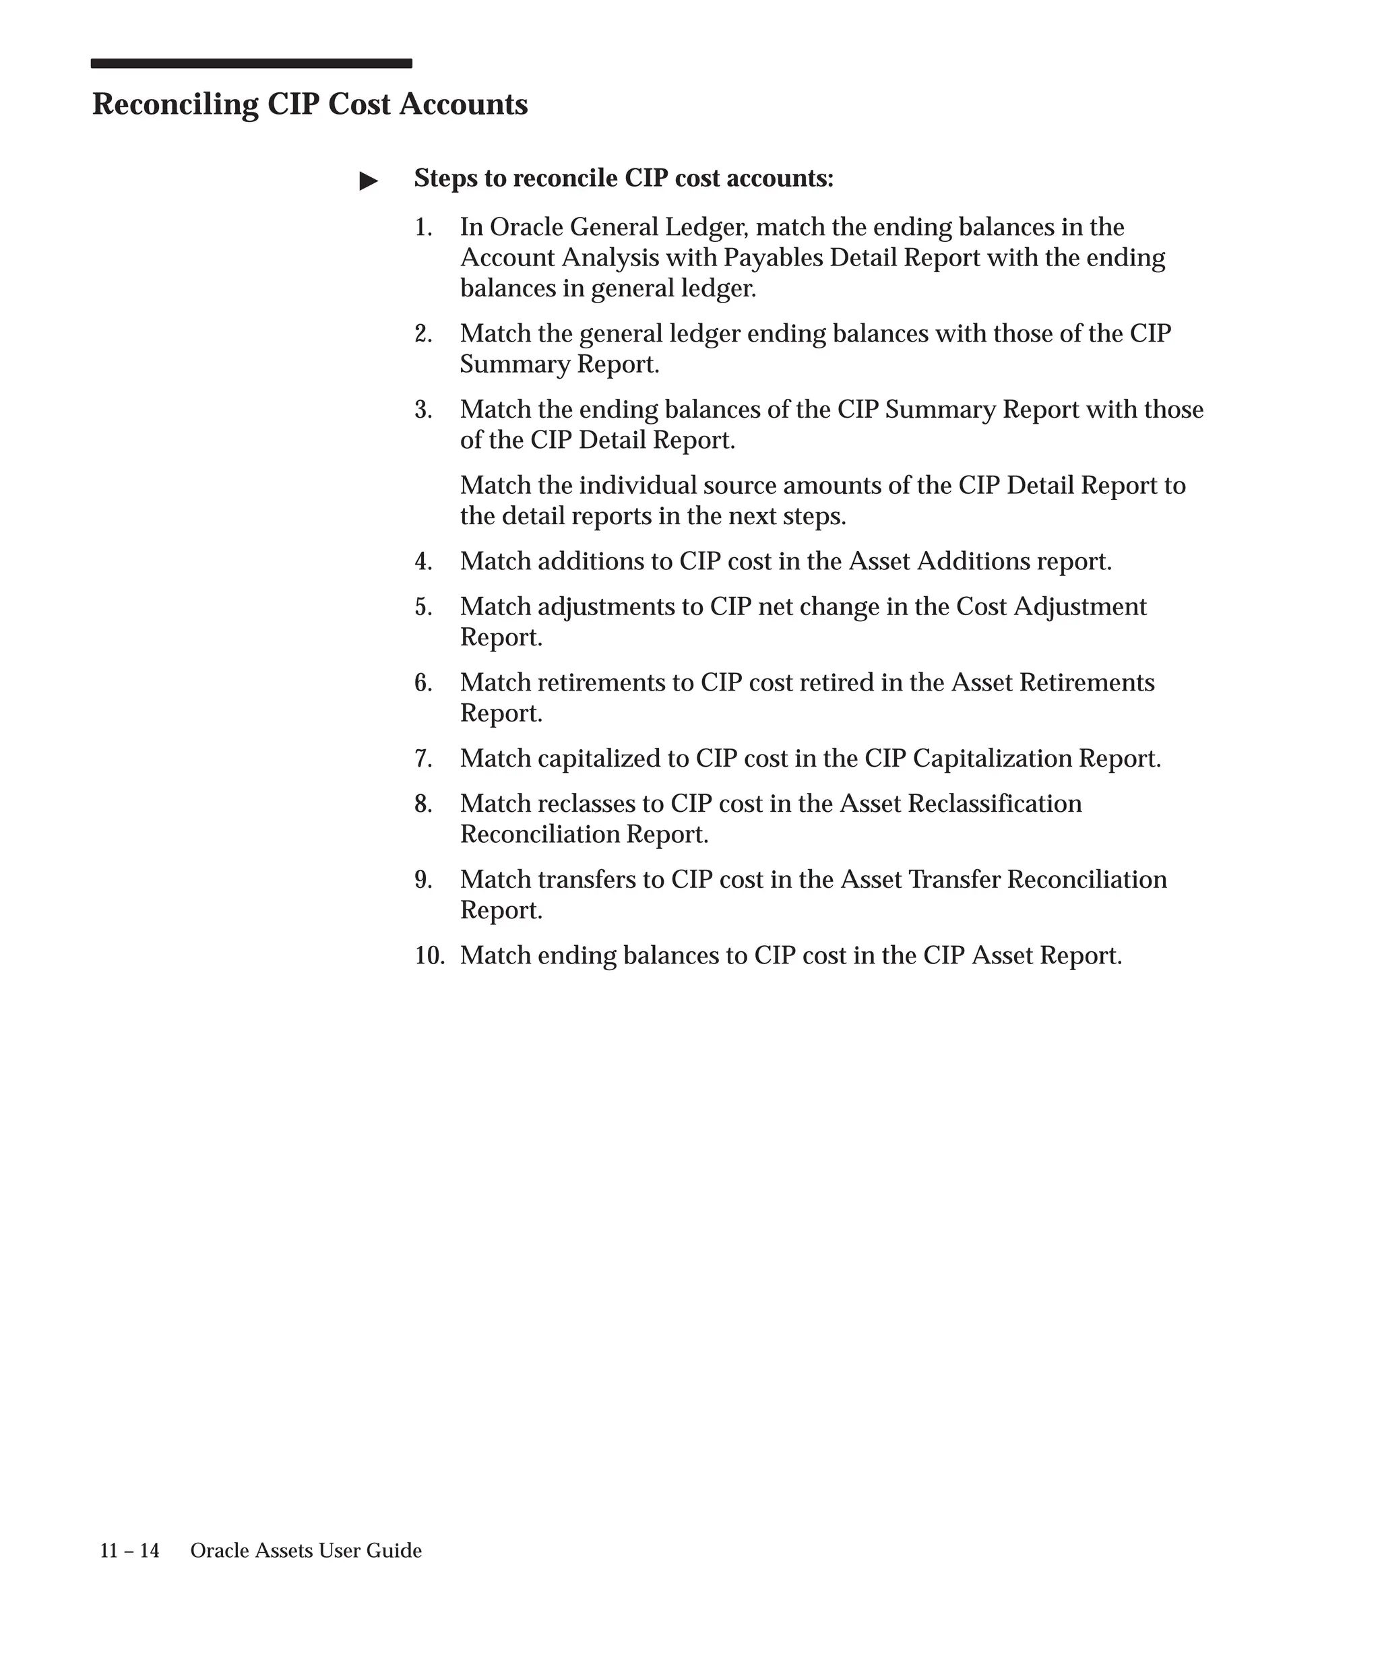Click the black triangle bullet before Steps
click(x=369, y=181)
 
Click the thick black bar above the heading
click(x=251, y=63)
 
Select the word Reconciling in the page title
click(x=175, y=105)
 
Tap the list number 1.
click(x=423, y=228)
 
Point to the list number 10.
click(x=430, y=956)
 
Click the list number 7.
click(x=423, y=759)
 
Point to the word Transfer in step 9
click(x=954, y=880)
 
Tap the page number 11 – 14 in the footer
click(x=129, y=1551)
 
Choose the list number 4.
click(x=423, y=561)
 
